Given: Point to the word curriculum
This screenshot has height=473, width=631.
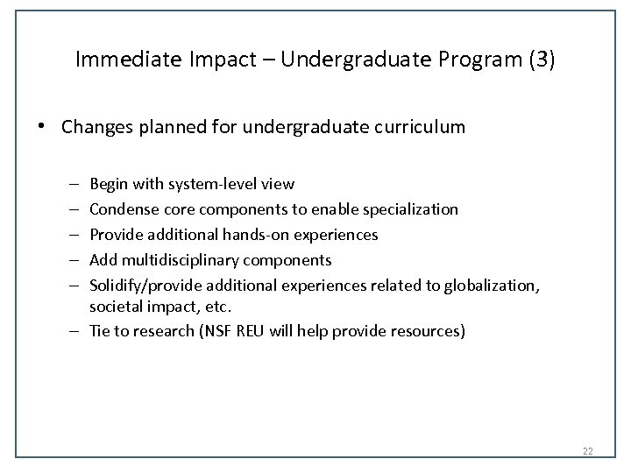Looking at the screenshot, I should [x=422, y=128].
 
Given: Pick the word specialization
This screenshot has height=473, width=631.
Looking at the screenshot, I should [x=413, y=209].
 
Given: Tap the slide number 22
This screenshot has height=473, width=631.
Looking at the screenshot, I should [x=587, y=451].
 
